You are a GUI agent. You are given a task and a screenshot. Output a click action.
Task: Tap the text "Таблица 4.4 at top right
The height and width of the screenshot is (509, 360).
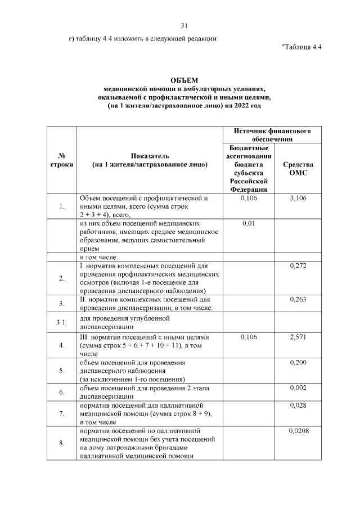point(301,47)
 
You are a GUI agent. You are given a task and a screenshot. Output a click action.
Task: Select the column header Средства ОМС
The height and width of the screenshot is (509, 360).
point(298,169)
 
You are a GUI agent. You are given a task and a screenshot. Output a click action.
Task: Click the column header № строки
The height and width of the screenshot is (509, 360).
point(60,160)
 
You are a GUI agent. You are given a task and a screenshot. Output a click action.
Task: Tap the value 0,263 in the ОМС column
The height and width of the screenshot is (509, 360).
point(298,300)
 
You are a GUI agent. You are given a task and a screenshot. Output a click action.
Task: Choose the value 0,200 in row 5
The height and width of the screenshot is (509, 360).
point(298,363)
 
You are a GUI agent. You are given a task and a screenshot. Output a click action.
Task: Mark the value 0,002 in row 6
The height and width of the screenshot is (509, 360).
point(298,388)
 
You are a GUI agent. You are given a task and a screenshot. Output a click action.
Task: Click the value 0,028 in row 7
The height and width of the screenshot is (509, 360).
point(298,405)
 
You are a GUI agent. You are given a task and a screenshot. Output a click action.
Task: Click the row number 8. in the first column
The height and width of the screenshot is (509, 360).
point(60,443)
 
